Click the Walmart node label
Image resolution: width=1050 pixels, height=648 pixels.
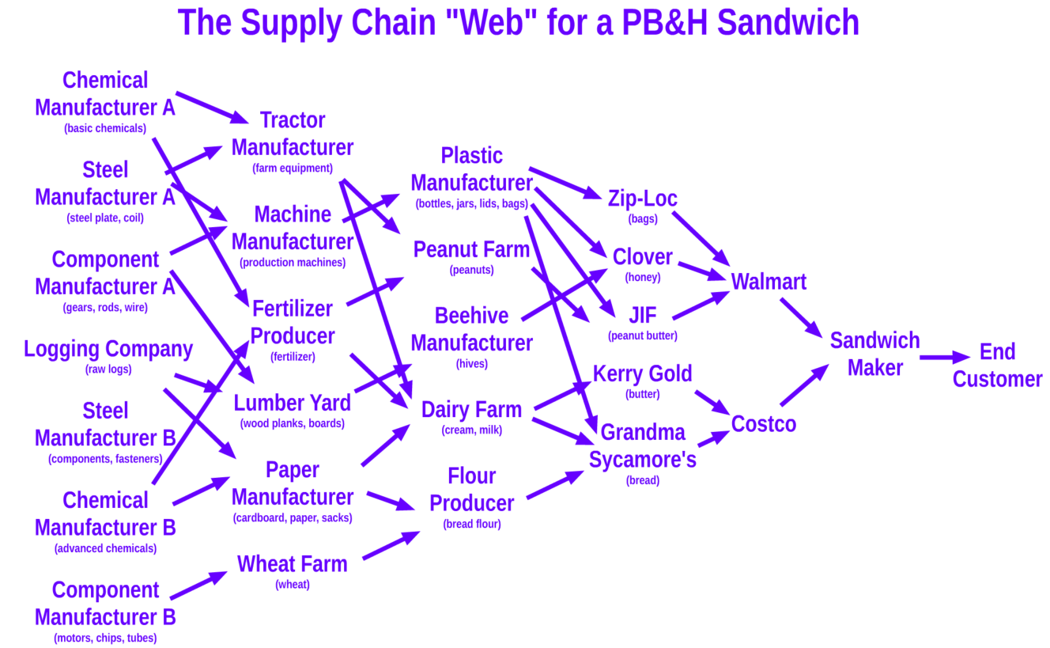click(768, 282)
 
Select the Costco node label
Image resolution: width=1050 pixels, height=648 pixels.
click(763, 424)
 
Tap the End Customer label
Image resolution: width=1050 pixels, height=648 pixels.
click(997, 365)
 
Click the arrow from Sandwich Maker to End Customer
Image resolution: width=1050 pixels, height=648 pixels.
click(944, 358)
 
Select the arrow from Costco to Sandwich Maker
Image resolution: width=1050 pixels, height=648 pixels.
click(803, 385)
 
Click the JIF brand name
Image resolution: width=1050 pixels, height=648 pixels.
click(642, 316)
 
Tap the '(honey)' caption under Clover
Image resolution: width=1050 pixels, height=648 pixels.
click(642, 277)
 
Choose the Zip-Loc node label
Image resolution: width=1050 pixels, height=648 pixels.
click(642, 199)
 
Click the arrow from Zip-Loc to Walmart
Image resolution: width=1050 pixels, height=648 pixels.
click(700, 237)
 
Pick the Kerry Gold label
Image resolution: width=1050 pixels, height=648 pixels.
click(642, 373)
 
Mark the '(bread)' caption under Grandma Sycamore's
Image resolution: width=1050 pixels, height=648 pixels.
click(642, 480)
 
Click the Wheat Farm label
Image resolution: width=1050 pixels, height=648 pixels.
click(292, 564)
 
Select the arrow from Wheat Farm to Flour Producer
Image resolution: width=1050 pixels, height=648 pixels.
click(391, 546)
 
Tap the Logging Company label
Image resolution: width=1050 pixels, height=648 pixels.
click(108, 349)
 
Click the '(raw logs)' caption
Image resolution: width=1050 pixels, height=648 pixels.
click(108, 369)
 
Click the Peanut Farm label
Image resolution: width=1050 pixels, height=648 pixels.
click(471, 250)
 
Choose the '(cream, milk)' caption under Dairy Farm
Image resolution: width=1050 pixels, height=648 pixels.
click(471, 430)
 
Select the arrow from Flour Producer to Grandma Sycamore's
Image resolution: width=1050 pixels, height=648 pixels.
click(554, 484)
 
